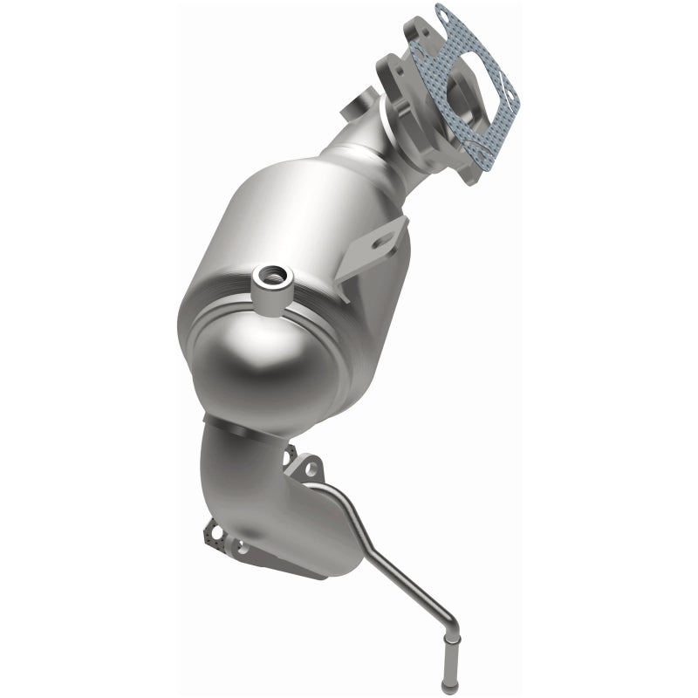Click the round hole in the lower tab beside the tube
pyautogui.click(x=308, y=472)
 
